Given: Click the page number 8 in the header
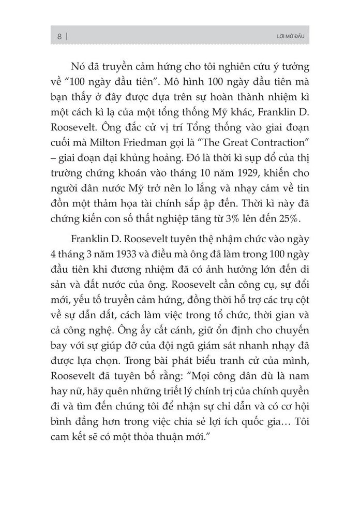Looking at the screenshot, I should tap(59, 36).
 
